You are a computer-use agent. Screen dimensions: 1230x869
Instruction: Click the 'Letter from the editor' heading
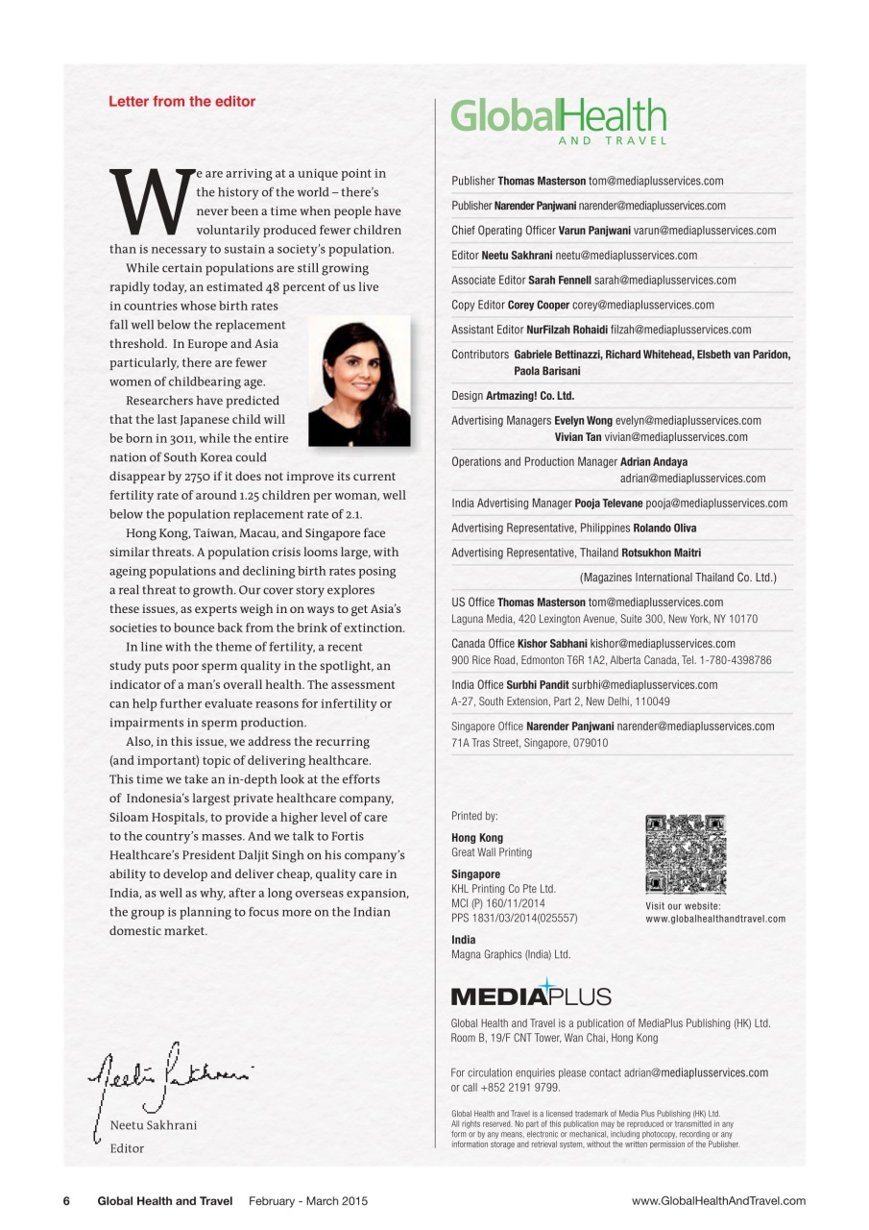(x=182, y=101)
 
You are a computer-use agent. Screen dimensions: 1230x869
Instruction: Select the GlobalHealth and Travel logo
(x=558, y=120)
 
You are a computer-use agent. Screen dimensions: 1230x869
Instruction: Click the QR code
(x=686, y=854)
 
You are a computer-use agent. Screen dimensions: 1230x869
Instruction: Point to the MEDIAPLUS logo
(x=531, y=993)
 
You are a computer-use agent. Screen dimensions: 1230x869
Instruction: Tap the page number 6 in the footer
(x=68, y=1201)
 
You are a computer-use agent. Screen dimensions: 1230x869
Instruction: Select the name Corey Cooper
(x=539, y=306)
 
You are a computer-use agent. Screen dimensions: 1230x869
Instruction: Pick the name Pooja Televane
(x=608, y=504)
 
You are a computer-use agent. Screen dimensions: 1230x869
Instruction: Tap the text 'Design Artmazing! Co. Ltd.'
(x=513, y=396)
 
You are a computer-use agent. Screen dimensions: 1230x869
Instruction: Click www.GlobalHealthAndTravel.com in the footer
(x=718, y=1201)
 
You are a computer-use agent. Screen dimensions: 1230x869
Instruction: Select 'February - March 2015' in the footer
(x=308, y=1201)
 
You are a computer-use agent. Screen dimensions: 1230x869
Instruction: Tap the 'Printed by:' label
(x=474, y=816)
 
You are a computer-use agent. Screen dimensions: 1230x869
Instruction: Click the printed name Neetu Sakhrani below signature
(x=154, y=1125)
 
